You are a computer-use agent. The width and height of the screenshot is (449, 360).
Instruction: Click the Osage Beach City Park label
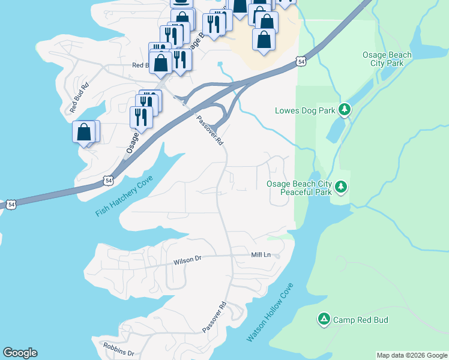click(387, 59)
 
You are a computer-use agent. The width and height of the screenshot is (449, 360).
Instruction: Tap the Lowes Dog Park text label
click(304, 110)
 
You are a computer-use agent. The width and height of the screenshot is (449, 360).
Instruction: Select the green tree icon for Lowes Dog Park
click(344, 109)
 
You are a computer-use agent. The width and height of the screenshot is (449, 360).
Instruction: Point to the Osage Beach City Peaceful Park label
click(299, 188)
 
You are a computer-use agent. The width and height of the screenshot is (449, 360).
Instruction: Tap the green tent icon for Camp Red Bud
click(324, 319)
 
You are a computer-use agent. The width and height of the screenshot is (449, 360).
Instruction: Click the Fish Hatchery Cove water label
click(124, 196)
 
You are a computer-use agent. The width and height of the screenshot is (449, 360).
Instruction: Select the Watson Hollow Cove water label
click(271, 313)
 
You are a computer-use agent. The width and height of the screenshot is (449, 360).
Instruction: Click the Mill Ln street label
click(261, 255)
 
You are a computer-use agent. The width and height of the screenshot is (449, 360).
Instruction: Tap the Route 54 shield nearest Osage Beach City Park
click(301, 62)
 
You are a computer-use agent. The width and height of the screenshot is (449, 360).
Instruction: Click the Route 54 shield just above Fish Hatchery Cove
click(108, 179)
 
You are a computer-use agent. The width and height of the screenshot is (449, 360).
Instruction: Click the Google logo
click(20, 353)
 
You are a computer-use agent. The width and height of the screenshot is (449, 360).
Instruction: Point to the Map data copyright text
click(412, 355)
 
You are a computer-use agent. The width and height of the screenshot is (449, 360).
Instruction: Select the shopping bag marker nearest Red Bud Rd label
click(84, 132)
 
